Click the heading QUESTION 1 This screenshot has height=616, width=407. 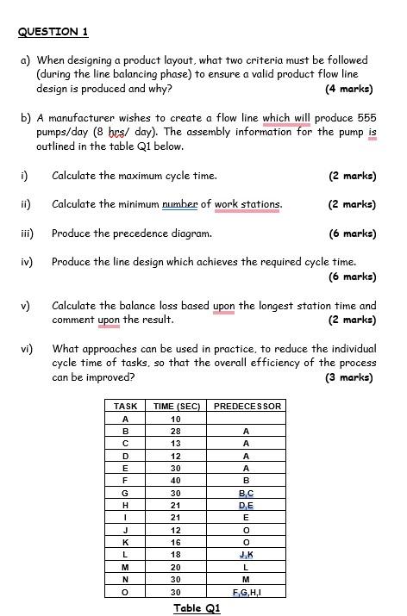pyautogui.click(x=53, y=32)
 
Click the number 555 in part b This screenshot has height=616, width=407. pyautogui.click(x=366, y=118)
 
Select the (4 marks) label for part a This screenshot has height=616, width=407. pyautogui.click(x=349, y=89)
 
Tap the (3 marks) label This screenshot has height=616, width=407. pyautogui.click(x=349, y=377)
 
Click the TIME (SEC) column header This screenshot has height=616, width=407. pyautogui.click(x=176, y=406)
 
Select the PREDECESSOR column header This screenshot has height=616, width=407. pyautogui.click(x=247, y=406)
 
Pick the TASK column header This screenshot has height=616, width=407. pyautogui.click(x=126, y=406)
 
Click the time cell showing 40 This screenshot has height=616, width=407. pyautogui.click(x=176, y=481)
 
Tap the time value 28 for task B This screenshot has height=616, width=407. pyautogui.click(x=176, y=431)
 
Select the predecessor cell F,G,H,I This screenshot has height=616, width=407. pyautogui.click(x=247, y=593)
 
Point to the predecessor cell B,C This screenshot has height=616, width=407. pyautogui.click(x=247, y=494)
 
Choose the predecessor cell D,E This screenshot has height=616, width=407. pyautogui.click(x=247, y=506)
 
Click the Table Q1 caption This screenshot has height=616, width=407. pyautogui.click(x=197, y=608)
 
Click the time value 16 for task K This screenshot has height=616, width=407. pyautogui.click(x=176, y=543)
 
